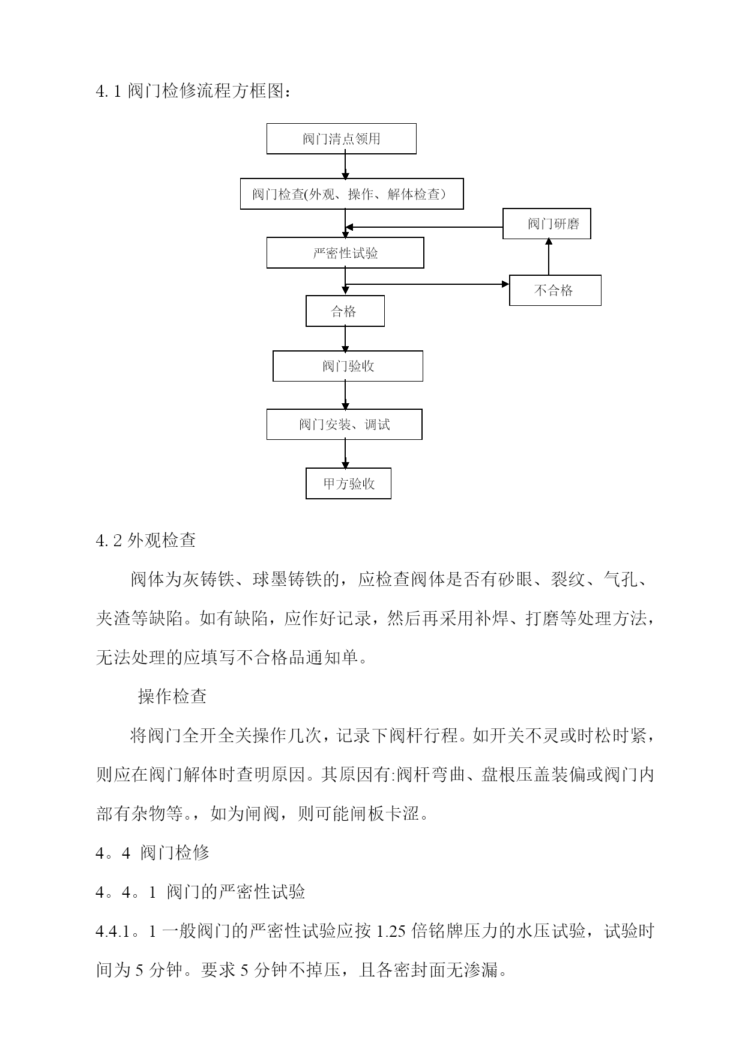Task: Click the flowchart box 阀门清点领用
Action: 341,139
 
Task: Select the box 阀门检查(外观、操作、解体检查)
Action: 352,193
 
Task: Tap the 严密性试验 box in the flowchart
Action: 345,252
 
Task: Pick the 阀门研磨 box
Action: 547,224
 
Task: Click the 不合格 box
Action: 555,290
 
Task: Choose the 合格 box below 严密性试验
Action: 345,311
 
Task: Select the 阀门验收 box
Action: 348,366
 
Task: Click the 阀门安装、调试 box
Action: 345,424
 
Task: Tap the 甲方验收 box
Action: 349,483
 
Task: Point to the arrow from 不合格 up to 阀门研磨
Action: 549,257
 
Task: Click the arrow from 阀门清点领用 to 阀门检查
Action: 345,166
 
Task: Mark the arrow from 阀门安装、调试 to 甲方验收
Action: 345,454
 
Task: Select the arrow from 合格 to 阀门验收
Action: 345,339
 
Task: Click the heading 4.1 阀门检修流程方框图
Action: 194,92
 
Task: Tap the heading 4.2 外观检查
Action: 146,540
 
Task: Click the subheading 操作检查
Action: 173,696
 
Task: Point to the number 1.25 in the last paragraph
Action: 393,931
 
